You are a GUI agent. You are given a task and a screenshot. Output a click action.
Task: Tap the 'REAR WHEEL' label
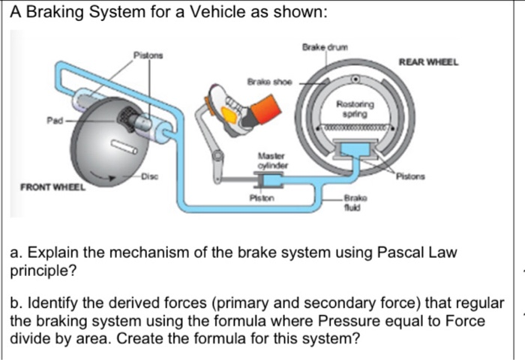point(428,63)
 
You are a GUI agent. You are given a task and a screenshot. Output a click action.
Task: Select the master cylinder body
point(270,181)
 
